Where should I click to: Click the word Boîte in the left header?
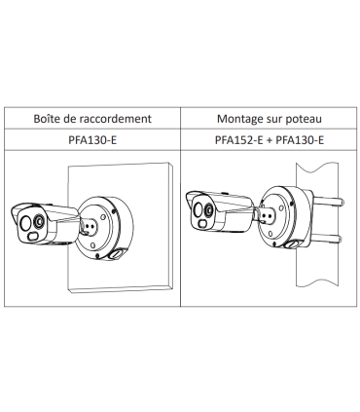pyautogui.click(x=48, y=119)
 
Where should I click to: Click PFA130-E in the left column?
pyautogui.click(x=90, y=141)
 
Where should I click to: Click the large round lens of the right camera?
pyautogui.click(x=203, y=207)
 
